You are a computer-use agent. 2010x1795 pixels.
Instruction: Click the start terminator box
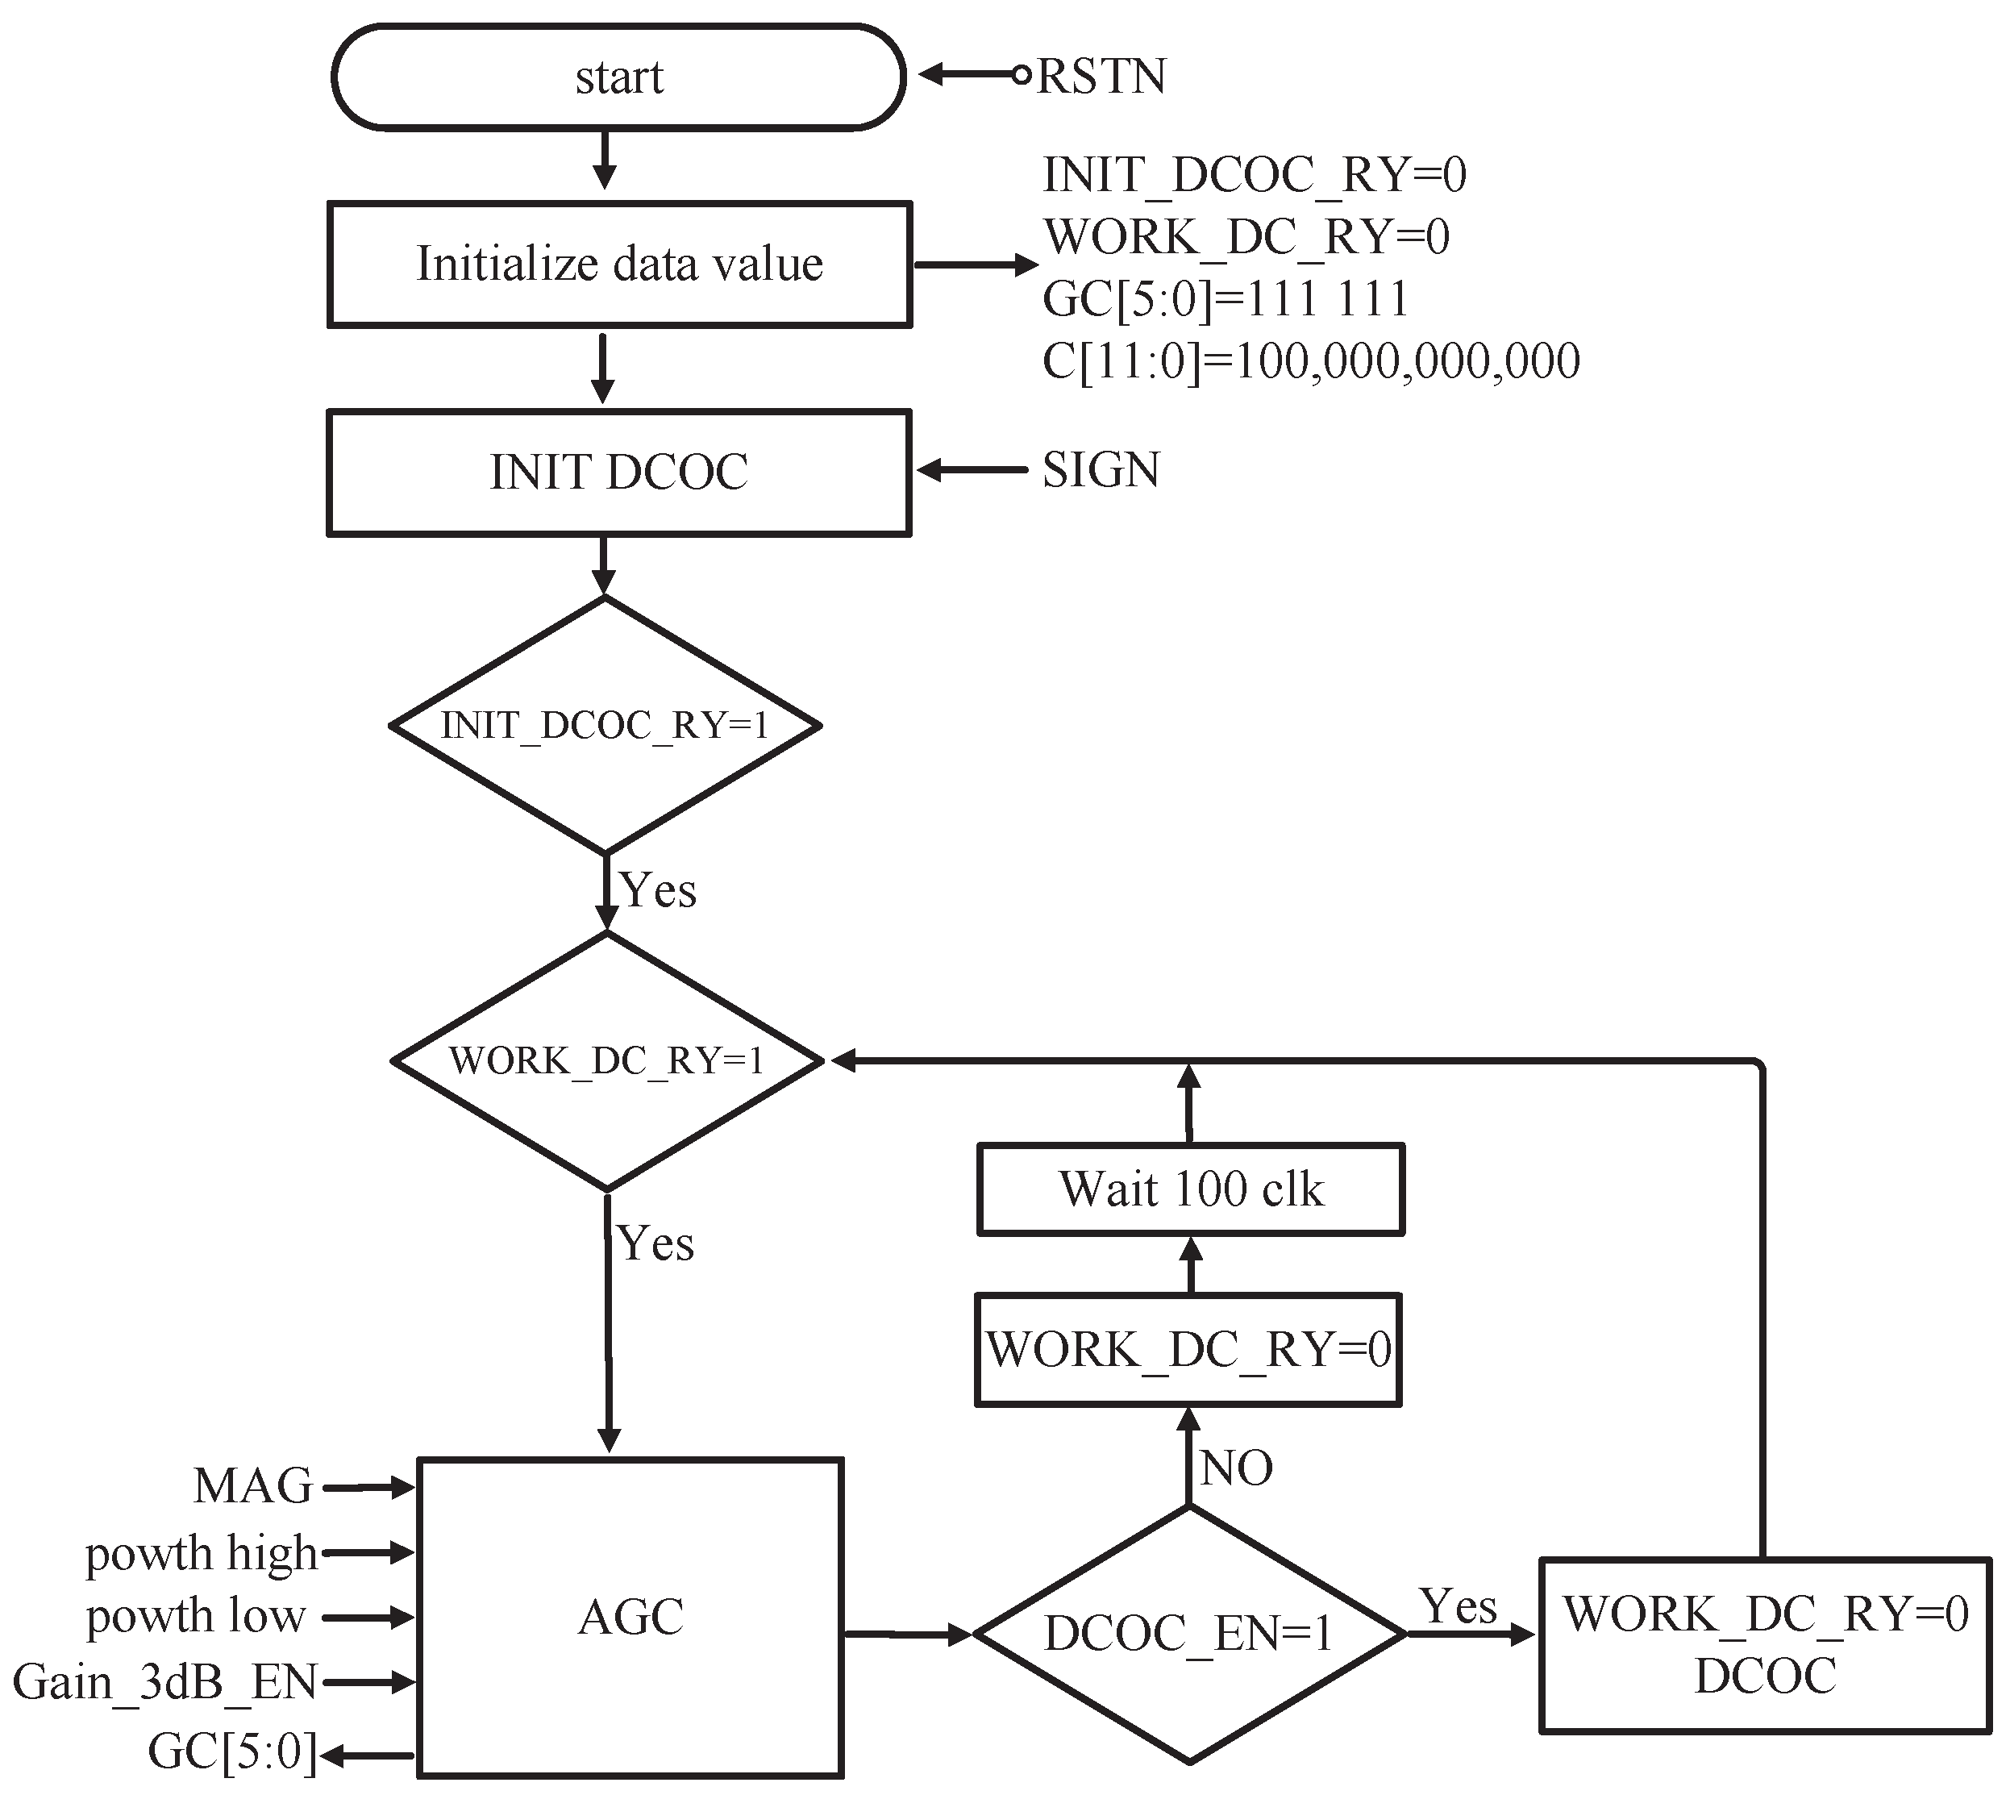pos(618,77)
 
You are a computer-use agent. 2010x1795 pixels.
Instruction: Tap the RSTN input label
pos(1101,76)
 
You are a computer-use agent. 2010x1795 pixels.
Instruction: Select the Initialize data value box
pos(618,264)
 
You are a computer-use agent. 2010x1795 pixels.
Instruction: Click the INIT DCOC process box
pos(618,472)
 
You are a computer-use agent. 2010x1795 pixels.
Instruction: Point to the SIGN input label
pos(1101,469)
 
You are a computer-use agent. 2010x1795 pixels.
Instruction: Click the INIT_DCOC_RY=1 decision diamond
pos(605,725)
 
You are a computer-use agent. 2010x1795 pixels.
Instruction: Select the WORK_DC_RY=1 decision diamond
pos(606,1060)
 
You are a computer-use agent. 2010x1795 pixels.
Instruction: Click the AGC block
pos(630,1618)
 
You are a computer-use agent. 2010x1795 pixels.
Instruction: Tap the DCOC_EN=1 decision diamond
pos(1188,1635)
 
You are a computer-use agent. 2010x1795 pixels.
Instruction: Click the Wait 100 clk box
pos(1190,1189)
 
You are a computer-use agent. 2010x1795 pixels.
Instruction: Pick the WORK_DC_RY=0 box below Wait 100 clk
pos(1188,1349)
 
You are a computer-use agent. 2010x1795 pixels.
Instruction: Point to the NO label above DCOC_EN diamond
pos(1236,1468)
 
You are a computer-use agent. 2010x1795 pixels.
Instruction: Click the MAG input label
pos(252,1485)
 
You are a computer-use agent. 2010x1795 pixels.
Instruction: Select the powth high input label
pos(202,1553)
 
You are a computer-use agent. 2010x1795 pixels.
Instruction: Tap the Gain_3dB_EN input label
pos(164,1681)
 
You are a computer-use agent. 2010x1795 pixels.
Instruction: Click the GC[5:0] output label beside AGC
pos(233,1751)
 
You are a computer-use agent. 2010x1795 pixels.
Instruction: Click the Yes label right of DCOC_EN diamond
pos(1458,1606)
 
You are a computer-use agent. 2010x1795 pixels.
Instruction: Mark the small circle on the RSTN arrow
pos(1022,75)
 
